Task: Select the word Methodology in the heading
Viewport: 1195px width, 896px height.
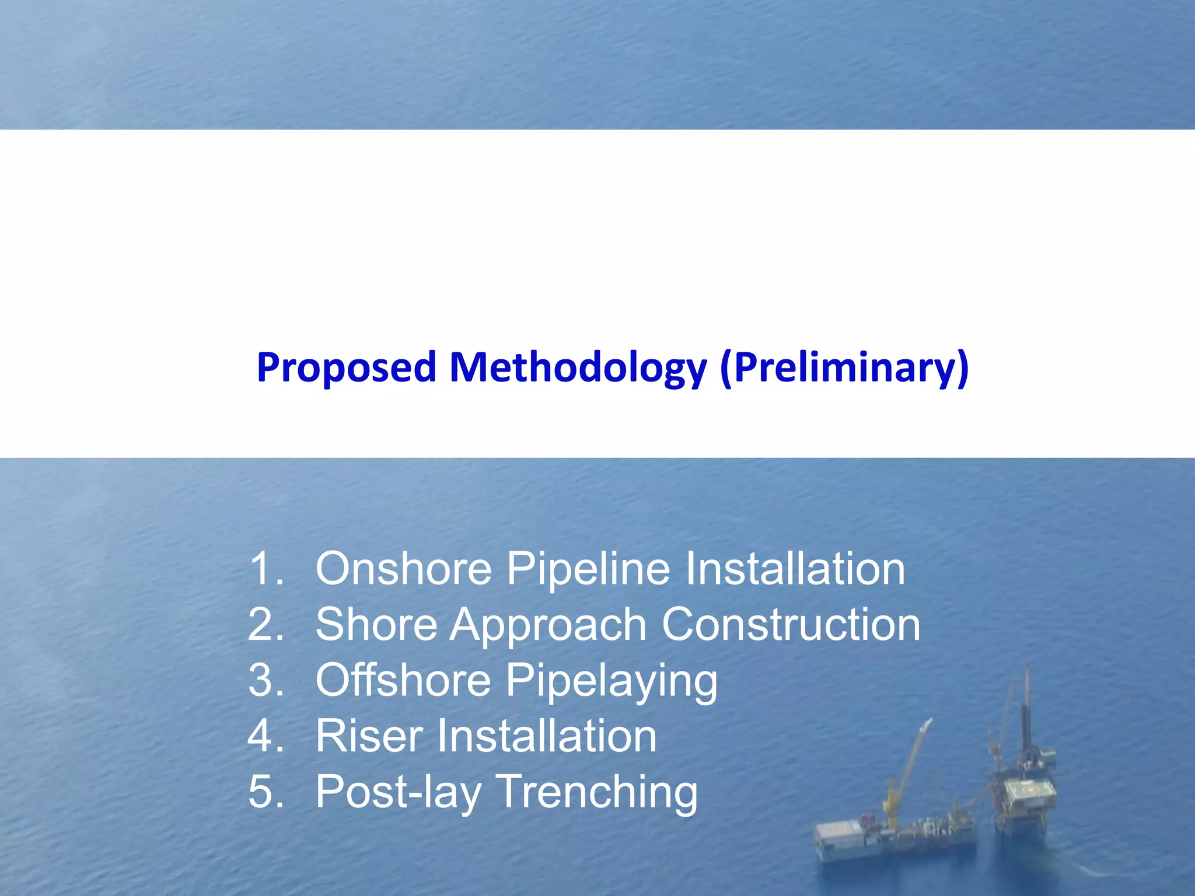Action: click(x=578, y=368)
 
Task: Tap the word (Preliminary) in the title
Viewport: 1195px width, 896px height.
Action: click(x=844, y=368)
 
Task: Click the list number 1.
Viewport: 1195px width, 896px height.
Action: click(x=265, y=569)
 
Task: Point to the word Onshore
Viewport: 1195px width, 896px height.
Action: click(x=403, y=569)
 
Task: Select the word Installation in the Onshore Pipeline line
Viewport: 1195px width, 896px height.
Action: click(x=795, y=569)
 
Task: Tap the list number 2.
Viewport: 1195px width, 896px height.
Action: click(x=265, y=625)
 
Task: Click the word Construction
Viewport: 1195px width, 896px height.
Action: click(x=791, y=625)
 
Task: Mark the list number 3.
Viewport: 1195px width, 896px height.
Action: click(x=265, y=680)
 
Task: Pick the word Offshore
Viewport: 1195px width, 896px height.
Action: click(x=403, y=680)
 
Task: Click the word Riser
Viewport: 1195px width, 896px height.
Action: click(x=369, y=736)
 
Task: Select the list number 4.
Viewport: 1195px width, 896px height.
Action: click(x=265, y=736)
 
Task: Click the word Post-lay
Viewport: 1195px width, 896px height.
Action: click(x=399, y=792)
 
